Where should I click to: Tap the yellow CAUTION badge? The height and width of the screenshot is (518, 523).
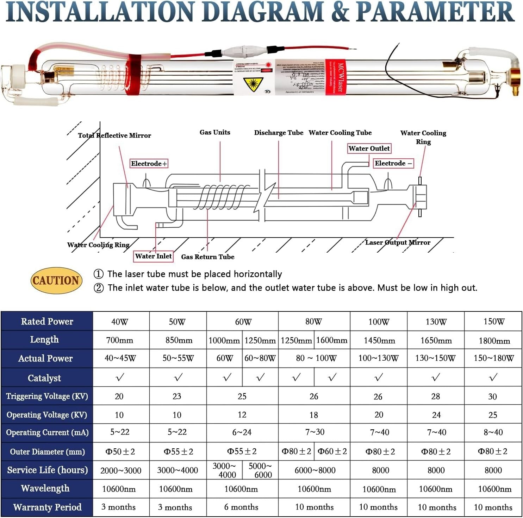click(x=56, y=280)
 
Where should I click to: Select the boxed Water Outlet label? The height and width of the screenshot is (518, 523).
click(x=369, y=149)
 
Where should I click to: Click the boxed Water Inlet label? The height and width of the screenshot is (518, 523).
click(x=153, y=256)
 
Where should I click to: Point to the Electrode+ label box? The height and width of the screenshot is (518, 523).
click(x=149, y=164)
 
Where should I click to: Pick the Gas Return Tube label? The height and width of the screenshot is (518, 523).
click(x=207, y=257)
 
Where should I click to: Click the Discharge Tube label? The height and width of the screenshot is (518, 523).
click(x=279, y=133)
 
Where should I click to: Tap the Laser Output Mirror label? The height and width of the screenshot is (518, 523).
click(x=397, y=242)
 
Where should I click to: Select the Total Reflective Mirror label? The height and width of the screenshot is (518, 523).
click(x=114, y=135)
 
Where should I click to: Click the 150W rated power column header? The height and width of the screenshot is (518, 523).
click(x=493, y=322)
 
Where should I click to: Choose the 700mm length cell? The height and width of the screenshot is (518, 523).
click(x=120, y=340)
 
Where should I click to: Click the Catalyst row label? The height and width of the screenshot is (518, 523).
click(x=44, y=378)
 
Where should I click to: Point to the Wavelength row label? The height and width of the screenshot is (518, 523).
click(x=45, y=488)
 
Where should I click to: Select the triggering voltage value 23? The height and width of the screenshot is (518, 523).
click(x=177, y=396)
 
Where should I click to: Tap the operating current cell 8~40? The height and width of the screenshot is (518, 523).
click(x=493, y=432)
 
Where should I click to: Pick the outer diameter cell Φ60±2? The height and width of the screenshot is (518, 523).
click(x=332, y=451)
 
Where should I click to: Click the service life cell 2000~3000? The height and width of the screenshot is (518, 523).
click(x=121, y=470)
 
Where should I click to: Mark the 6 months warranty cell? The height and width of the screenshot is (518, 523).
click(x=241, y=507)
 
